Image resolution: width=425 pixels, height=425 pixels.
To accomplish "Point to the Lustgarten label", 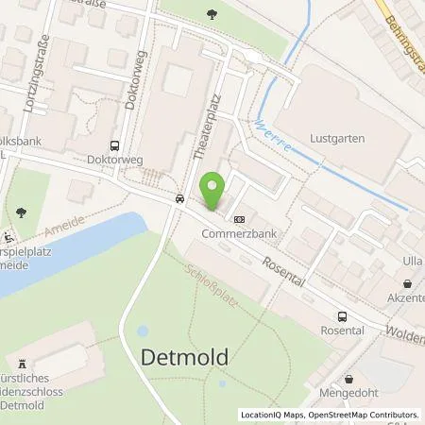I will click(x=337, y=139).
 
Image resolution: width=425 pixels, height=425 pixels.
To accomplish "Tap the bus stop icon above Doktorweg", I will click(x=115, y=146).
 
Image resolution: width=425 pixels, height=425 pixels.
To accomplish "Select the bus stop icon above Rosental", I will click(x=341, y=317).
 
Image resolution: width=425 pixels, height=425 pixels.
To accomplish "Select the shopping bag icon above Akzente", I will click(x=407, y=283).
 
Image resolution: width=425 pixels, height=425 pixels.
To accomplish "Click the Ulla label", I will click(x=411, y=260).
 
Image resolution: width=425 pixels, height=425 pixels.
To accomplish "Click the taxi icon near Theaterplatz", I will click(x=178, y=199).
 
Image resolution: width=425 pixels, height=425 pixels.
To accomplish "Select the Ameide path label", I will click(x=63, y=226).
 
